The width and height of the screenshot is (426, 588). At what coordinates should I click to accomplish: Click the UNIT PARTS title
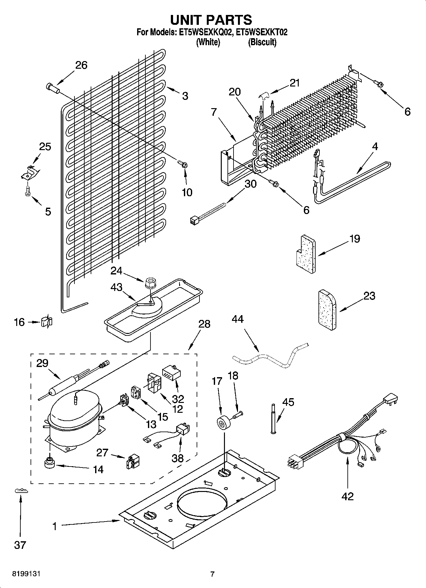(211, 20)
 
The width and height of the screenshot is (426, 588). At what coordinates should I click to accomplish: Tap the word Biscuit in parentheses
(262, 42)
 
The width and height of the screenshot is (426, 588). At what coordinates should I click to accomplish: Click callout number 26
(81, 65)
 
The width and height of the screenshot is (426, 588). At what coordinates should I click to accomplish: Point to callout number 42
(347, 496)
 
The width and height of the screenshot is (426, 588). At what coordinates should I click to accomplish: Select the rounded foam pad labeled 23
(327, 310)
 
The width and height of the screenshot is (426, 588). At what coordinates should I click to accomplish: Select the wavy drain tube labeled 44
(270, 356)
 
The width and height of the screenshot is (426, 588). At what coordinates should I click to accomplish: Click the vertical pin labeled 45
(273, 419)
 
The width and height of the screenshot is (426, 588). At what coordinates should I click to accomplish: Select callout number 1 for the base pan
(54, 526)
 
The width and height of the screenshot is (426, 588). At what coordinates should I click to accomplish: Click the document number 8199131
(26, 574)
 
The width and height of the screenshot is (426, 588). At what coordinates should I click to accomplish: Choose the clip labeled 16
(46, 322)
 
